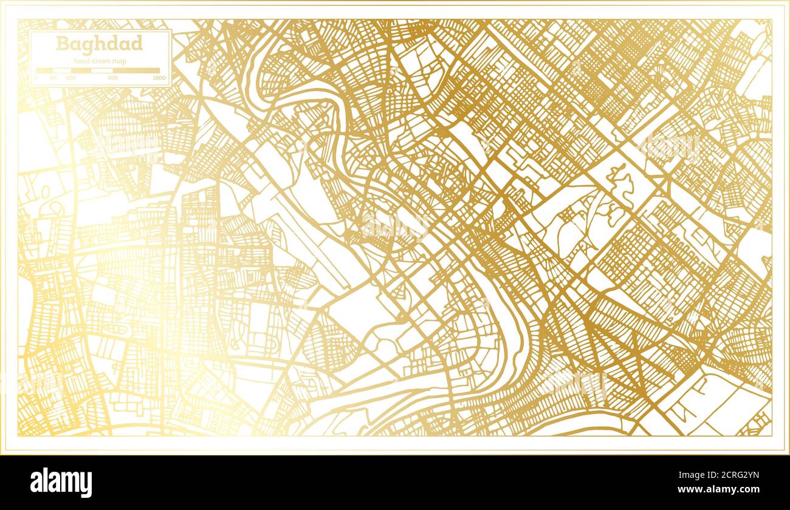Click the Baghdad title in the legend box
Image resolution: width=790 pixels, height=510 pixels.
pyautogui.click(x=100, y=44)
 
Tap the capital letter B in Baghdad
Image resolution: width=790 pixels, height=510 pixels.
pyautogui.click(x=61, y=44)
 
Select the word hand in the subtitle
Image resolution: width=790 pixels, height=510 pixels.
pyautogui.click(x=81, y=61)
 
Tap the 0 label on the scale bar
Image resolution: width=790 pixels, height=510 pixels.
pyautogui.click(x=36, y=78)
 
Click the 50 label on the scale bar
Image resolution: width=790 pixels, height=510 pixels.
pyautogui.click(x=53, y=78)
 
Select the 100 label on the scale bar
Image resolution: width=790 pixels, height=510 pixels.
pyautogui.click(x=71, y=78)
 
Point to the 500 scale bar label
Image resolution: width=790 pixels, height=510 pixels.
pyautogui.click(x=112, y=78)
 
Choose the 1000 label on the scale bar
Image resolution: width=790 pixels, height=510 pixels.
pyautogui.click(x=159, y=78)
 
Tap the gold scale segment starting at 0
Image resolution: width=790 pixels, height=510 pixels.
pyautogui.click(x=44, y=70)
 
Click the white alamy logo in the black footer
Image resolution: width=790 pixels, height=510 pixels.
pyautogui.click(x=61, y=483)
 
